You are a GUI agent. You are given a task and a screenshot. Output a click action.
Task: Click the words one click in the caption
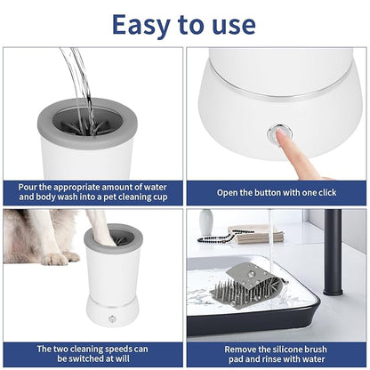click(316, 192)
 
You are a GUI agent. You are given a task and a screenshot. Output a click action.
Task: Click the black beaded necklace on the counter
click(222, 237)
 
